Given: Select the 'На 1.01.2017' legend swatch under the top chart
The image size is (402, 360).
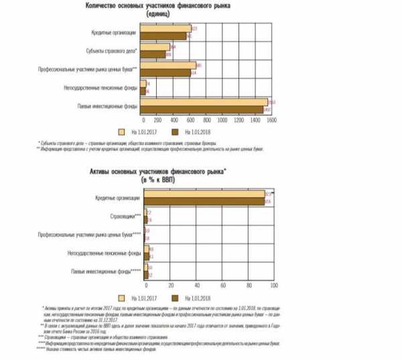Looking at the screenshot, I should point(122,131).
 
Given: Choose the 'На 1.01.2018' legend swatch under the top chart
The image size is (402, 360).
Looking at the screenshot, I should point(176,131).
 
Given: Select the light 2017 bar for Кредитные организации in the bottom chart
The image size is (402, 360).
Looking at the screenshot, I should point(204,194).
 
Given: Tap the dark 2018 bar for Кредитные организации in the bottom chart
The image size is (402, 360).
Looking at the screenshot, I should point(204,200).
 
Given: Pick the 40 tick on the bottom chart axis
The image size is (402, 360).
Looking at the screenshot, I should point(196,285).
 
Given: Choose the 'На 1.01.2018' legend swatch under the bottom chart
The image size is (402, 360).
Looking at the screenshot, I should point(176,297).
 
